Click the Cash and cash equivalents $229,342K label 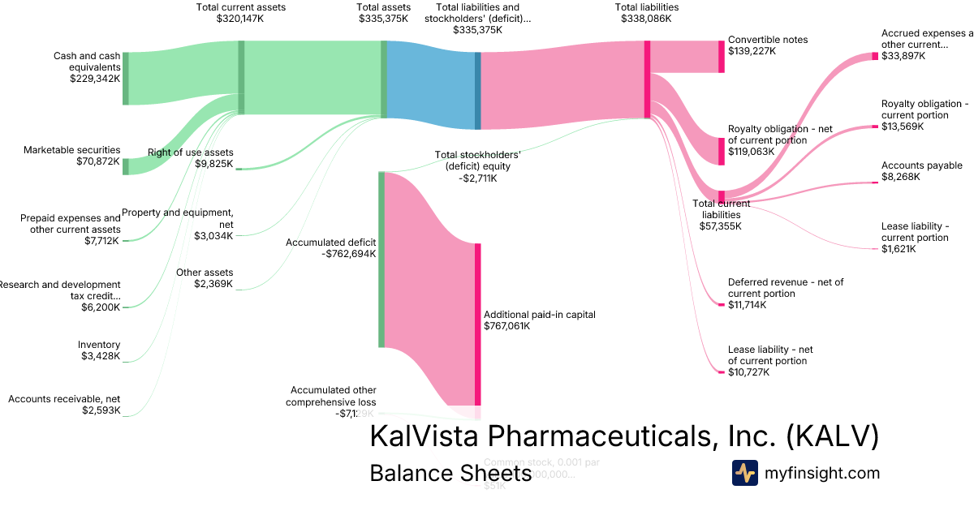[x=87, y=67]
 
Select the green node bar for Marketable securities [x=126, y=166]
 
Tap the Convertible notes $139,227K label [x=768, y=45]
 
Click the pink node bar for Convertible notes [x=721, y=57]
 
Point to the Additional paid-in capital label [x=528, y=320]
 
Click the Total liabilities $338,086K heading [x=647, y=13]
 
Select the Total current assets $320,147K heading [x=240, y=13]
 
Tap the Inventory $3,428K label [x=100, y=350]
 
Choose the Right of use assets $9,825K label [x=191, y=158]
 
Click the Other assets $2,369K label [x=205, y=278]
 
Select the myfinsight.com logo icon [x=744, y=473]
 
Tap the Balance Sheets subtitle [x=450, y=474]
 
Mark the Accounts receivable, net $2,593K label [x=64, y=405]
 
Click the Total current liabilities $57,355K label [x=721, y=214]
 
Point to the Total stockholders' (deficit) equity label [x=477, y=165]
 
